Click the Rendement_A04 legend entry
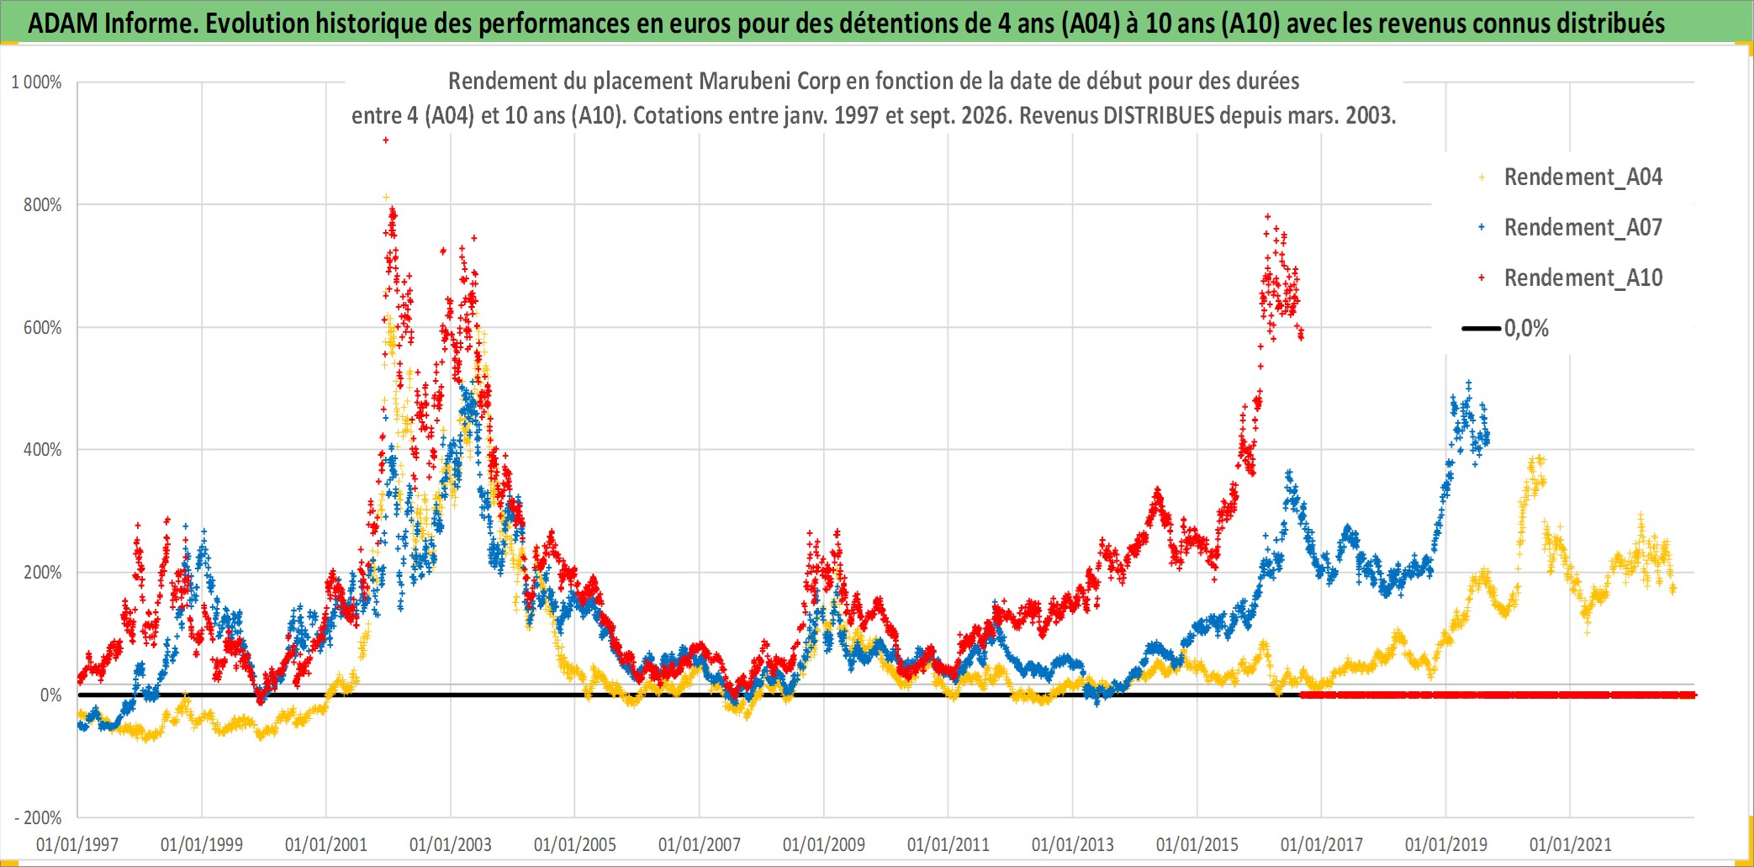1571,177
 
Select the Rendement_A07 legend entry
1571,228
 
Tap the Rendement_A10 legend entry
1571,278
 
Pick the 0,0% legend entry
1506,328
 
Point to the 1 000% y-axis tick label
36,82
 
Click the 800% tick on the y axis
43,205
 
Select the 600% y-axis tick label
43,328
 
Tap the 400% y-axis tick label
43,450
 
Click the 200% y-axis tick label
43,573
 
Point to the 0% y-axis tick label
51,695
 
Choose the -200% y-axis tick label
38,817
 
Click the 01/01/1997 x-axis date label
77,844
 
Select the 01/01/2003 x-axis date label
451,844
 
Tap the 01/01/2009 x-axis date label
824,844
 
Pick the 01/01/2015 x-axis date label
1197,844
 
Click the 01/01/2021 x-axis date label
1571,844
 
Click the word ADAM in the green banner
63,24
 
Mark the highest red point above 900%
386,140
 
